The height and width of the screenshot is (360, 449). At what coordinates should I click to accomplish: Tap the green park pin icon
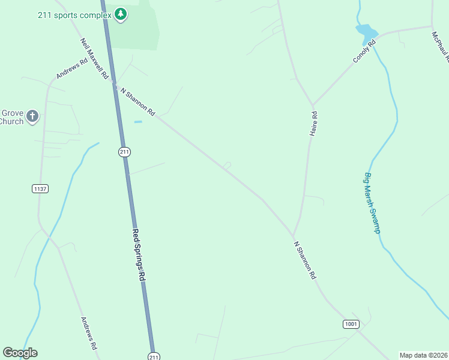[121, 14]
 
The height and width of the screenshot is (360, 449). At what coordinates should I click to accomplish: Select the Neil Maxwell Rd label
[94, 59]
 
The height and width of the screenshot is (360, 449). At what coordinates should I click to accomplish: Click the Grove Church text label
[11, 117]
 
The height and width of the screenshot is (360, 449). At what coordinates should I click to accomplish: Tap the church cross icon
[32, 116]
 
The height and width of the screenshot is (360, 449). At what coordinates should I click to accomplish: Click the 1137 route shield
[40, 188]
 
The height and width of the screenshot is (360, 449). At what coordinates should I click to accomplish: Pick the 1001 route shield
[351, 324]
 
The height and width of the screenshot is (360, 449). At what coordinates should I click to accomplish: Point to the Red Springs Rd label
[139, 255]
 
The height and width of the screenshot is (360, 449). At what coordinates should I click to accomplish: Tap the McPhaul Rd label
[439, 47]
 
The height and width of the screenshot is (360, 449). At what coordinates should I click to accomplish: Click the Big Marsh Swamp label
[372, 203]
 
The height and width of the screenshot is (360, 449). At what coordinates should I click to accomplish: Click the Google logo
[20, 353]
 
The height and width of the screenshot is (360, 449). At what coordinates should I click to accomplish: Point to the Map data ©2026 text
[423, 355]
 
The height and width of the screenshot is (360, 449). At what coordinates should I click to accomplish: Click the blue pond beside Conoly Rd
[367, 31]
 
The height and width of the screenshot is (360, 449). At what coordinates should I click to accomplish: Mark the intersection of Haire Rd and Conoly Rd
[312, 106]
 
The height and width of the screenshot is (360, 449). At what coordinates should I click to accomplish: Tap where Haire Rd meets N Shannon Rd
[293, 235]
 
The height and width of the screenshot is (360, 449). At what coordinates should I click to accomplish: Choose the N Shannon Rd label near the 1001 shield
[305, 260]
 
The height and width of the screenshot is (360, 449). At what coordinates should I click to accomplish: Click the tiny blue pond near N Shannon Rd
[138, 122]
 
